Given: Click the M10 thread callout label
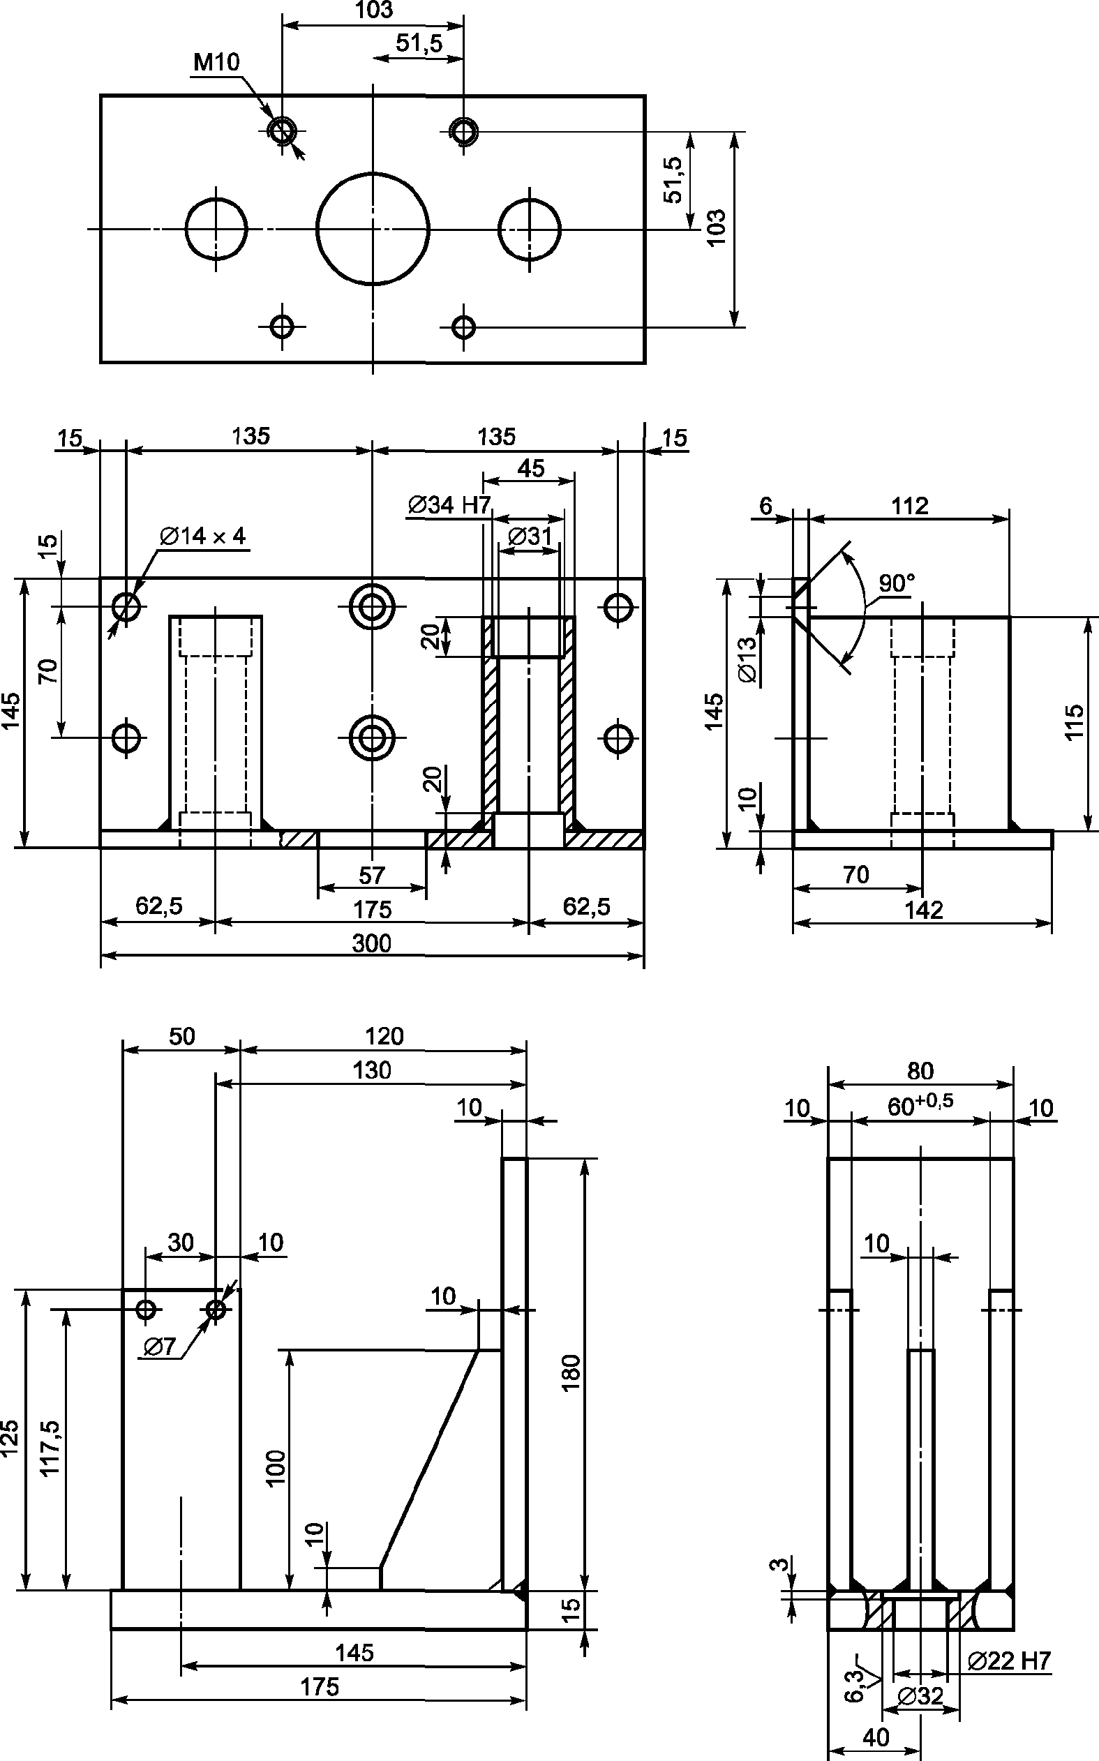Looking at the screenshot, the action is [x=216, y=63].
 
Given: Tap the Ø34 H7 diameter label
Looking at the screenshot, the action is [x=450, y=504].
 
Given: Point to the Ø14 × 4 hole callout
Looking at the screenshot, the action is [x=203, y=537].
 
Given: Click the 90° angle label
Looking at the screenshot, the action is [x=897, y=583].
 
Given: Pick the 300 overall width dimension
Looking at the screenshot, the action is [x=371, y=943].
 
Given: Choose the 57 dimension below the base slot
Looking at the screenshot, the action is [x=371, y=875].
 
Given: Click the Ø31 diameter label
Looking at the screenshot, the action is [x=530, y=537].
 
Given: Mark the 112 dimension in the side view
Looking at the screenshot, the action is [x=909, y=506].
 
